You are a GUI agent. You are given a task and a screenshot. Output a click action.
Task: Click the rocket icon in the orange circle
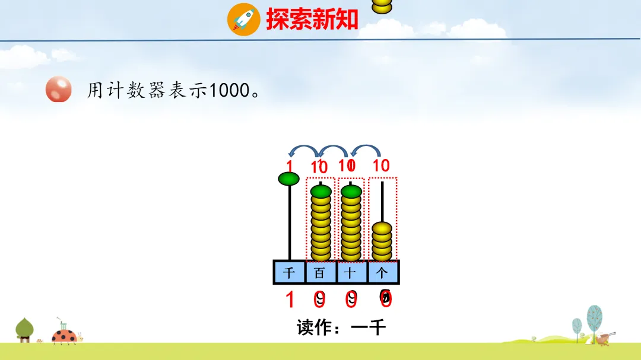[243, 19]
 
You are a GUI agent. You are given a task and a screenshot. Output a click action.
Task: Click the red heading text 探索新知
[312, 19]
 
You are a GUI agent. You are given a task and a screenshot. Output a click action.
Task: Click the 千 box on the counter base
[289, 272]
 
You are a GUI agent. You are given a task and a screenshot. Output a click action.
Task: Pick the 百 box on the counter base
[320, 272]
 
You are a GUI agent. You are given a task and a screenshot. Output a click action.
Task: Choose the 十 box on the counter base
[351, 272]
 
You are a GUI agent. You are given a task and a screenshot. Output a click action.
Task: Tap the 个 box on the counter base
[383, 272]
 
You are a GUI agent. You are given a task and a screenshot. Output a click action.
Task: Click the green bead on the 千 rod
[289, 178]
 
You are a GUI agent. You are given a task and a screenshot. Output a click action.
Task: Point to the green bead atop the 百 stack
[320, 191]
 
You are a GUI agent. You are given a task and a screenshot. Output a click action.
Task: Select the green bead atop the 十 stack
[351, 191]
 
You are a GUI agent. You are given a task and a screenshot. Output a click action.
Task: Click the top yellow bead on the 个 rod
[382, 227]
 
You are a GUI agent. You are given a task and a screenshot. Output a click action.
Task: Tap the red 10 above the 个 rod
[381, 165]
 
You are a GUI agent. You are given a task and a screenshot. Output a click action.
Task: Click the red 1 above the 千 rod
[290, 165]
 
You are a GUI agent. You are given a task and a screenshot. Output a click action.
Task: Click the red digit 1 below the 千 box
[290, 300]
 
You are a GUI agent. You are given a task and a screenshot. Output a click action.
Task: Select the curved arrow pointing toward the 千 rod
[299, 151]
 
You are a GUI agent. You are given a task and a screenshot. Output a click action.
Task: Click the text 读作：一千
[341, 327]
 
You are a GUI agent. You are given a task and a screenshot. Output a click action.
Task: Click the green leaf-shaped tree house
[24, 329]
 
